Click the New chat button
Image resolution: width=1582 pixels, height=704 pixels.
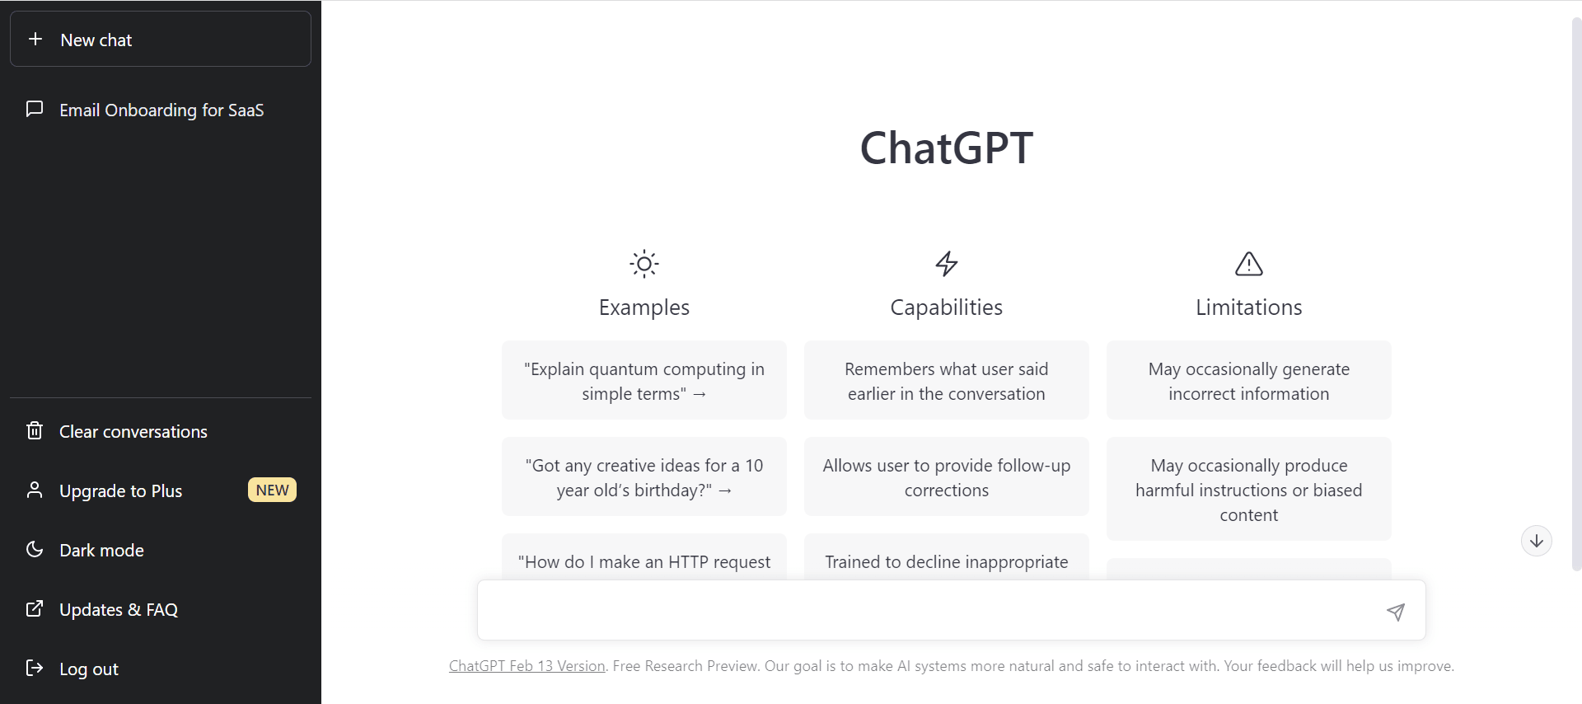point(160,39)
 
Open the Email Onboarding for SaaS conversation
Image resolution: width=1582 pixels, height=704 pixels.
point(161,110)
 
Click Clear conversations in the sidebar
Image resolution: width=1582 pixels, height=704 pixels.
point(133,431)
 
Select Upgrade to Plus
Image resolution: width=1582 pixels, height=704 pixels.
point(120,490)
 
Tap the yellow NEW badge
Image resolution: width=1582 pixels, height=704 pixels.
point(272,490)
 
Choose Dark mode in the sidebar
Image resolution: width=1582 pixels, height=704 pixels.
point(101,550)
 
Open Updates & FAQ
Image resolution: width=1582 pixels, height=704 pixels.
point(118,609)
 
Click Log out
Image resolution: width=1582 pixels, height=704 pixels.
point(88,669)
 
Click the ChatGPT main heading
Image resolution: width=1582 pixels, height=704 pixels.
point(946,148)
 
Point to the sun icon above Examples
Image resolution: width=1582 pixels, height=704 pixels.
point(644,264)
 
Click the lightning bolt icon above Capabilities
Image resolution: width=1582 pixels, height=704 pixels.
point(947,264)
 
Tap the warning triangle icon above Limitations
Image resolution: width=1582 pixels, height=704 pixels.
point(1249,264)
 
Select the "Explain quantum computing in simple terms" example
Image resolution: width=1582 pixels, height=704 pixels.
point(644,380)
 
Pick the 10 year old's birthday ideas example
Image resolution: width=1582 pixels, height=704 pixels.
point(644,476)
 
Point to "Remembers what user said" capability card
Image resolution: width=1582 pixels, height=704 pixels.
point(947,380)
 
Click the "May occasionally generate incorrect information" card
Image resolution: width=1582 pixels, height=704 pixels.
point(1249,380)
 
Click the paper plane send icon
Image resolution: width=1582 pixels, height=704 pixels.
point(1396,611)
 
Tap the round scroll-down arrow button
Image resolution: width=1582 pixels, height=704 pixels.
point(1537,541)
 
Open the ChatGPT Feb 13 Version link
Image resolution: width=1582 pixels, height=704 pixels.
point(527,666)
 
